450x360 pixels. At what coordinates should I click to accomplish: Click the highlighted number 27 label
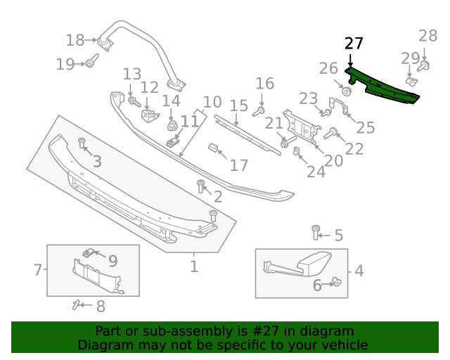tap(354, 44)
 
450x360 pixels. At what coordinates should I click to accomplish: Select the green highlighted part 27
tap(383, 88)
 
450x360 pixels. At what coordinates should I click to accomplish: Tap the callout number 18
tap(75, 39)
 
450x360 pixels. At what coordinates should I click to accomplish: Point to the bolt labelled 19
tap(91, 64)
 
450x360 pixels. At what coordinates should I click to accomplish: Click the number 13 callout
tap(132, 74)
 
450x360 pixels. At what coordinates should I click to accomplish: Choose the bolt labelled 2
tap(201, 186)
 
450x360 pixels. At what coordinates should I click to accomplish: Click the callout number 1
tap(194, 266)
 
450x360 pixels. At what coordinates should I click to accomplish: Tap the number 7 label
tap(38, 269)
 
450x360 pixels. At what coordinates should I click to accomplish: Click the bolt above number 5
tap(316, 230)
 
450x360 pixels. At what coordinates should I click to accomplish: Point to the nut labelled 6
tap(336, 283)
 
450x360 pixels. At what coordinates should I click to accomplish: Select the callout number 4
tap(359, 270)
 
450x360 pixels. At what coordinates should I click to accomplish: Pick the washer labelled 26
tap(347, 91)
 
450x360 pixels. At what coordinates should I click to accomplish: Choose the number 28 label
tap(427, 36)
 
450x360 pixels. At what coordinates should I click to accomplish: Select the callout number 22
tap(354, 148)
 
